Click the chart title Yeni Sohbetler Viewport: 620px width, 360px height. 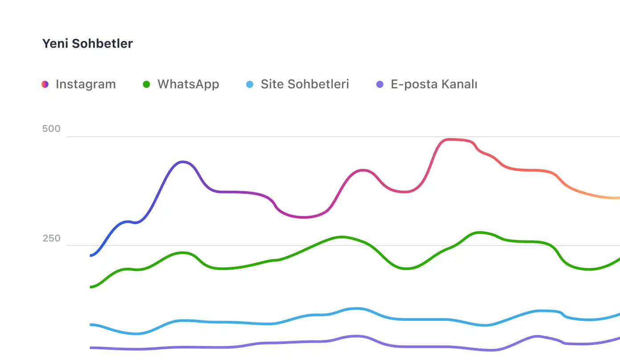(x=87, y=44)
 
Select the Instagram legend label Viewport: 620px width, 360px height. (x=86, y=84)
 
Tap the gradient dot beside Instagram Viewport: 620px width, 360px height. (x=45, y=84)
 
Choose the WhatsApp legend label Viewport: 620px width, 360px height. (x=188, y=84)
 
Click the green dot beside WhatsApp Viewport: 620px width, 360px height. (x=147, y=84)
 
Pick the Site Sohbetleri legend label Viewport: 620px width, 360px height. (x=305, y=84)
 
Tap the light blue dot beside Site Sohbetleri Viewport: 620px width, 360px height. (x=250, y=84)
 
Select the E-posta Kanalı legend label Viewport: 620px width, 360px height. (x=434, y=84)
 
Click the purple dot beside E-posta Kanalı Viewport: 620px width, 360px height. (x=380, y=84)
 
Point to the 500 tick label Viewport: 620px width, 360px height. (x=51, y=129)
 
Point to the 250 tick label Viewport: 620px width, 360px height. (x=51, y=239)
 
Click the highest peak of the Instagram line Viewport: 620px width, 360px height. (x=450, y=139)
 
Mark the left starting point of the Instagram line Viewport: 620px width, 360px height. (x=91, y=255)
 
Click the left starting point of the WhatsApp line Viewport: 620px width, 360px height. (x=91, y=287)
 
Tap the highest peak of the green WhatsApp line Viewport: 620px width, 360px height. (x=479, y=232)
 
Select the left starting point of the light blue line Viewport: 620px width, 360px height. (x=91, y=324)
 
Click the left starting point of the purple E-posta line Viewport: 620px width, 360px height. (x=91, y=348)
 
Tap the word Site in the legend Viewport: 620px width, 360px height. (x=272, y=84)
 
